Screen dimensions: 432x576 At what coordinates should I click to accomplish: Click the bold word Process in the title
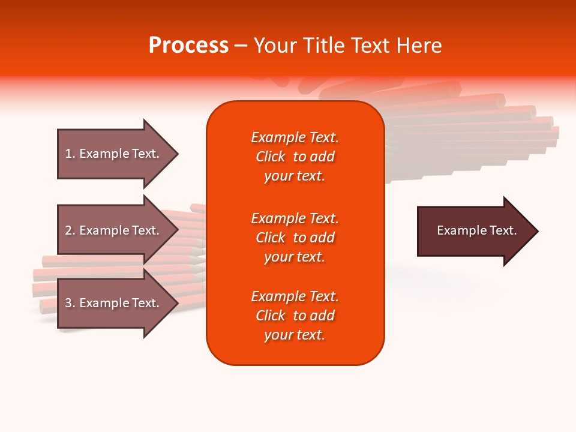pyautogui.click(x=188, y=46)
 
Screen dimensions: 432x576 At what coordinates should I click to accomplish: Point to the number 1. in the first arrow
pyautogui.click(x=70, y=154)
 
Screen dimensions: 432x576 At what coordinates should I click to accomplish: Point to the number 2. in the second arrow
pyautogui.click(x=70, y=230)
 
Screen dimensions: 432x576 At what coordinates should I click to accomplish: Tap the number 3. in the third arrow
pyautogui.click(x=70, y=303)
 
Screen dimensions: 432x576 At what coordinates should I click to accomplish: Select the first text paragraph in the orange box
pyautogui.click(x=295, y=157)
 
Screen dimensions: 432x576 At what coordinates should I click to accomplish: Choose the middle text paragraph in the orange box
pyautogui.click(x=295, y=238)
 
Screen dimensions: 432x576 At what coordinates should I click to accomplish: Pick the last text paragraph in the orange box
pyautogui.click(x=295, y=316)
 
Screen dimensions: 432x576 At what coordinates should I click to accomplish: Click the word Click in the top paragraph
pyautogui.click(x=270, y=157)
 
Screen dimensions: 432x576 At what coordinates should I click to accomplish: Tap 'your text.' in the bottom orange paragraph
pyautogui.click(x=295, y=335)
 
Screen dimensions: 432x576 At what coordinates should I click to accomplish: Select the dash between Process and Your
pyautogui.click(x=241, y=46)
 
